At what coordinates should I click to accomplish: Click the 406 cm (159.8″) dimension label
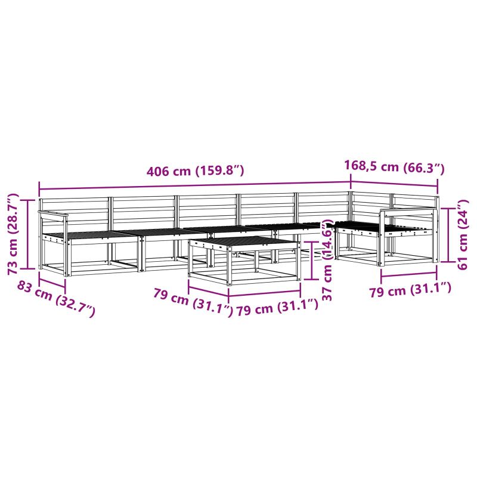pyautogui.click(x=196, y=171)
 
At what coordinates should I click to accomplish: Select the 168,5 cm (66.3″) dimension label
pyautogui.click(x=394, y=167)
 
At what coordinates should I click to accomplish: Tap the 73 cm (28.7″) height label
pyautogui.click(x=14, y=234)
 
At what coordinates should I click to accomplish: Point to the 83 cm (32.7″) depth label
pyautogui.click(x=56, y=299)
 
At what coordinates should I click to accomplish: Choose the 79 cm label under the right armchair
pyautogui.click(x=410, y=290)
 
